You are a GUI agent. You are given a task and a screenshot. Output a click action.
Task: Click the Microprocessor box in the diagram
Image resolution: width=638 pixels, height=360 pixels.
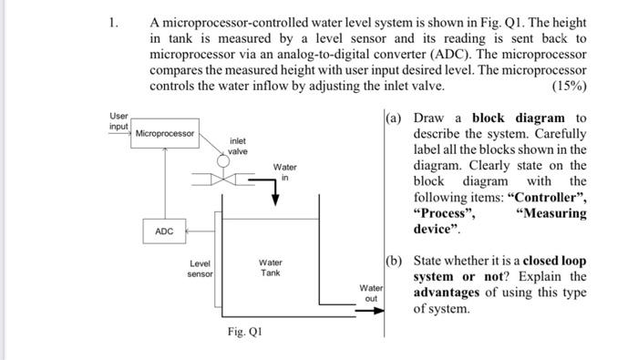[165, 134]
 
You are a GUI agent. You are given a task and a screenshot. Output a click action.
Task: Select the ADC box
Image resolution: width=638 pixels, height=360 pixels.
[164, 231]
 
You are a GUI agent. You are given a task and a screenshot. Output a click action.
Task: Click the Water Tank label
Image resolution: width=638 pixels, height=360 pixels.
[271, 268]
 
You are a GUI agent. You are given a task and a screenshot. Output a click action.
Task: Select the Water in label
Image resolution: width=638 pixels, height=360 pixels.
[284, 172]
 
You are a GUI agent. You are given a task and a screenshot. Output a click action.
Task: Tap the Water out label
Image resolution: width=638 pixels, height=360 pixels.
[370, 293]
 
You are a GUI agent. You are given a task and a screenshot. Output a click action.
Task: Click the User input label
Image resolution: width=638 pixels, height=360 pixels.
[119, 122]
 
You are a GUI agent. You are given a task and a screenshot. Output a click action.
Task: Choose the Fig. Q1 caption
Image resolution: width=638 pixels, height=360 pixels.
[245, 332]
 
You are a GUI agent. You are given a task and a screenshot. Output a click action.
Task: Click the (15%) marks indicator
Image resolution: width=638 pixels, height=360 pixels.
[569, 87]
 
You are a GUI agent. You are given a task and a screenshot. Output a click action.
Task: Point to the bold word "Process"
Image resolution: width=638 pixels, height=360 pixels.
[446, 214]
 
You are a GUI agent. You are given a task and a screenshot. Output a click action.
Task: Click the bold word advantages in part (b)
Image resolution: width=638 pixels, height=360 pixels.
[455, 293]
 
